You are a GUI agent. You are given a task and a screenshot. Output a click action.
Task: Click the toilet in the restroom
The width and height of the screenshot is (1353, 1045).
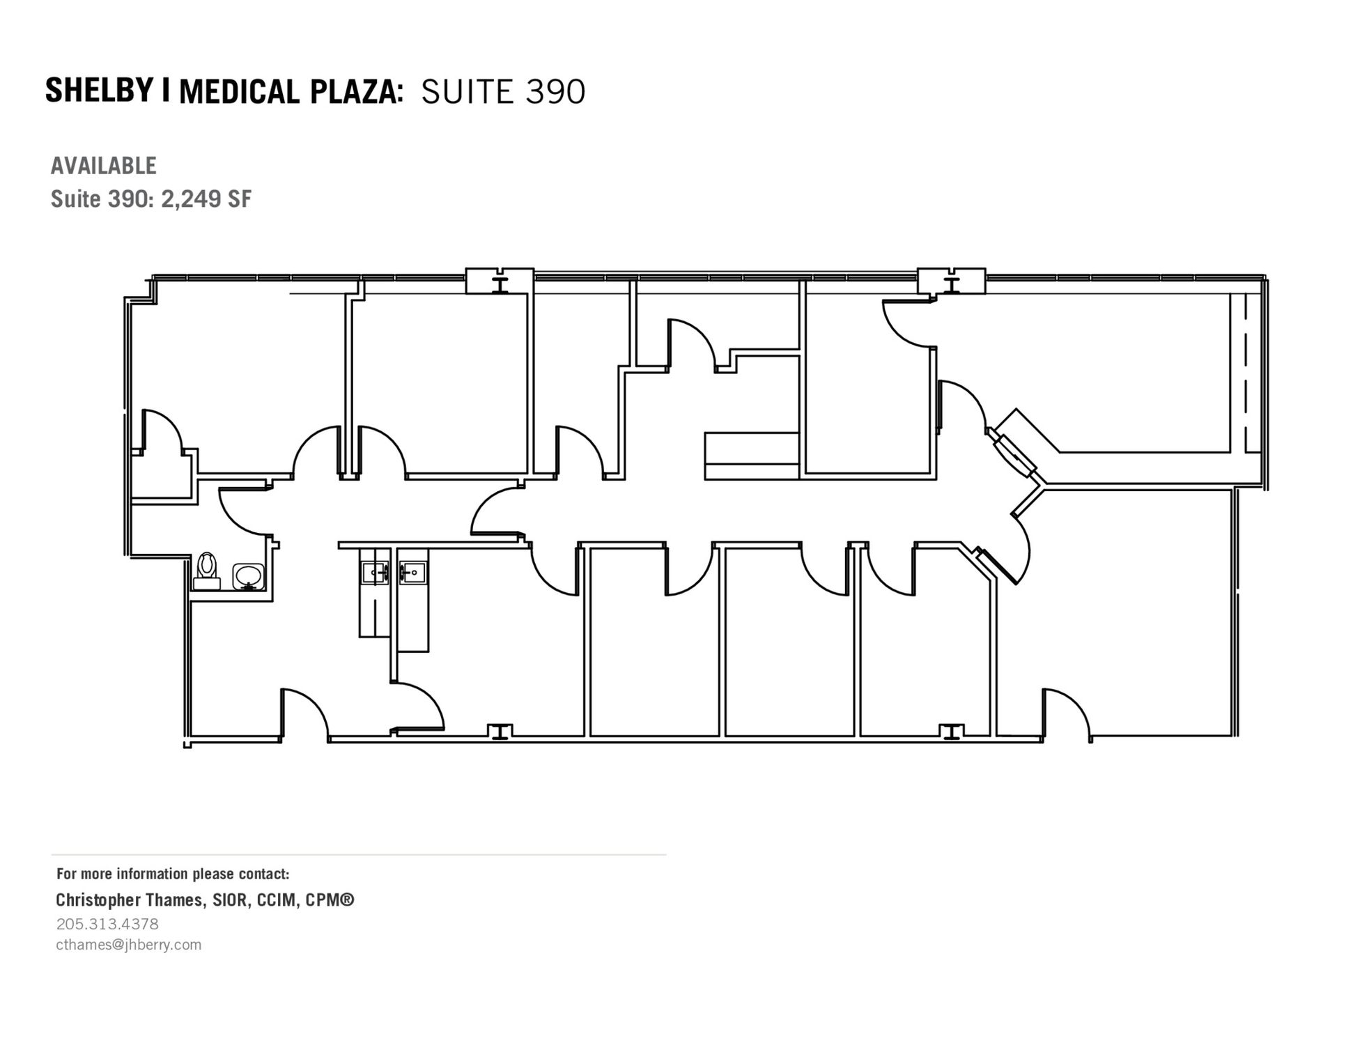coord(207,571)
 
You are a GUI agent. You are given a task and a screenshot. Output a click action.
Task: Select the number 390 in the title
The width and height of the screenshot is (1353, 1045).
coord(555,92)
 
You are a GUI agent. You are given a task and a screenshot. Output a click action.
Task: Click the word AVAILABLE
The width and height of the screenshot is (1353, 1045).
coord(104,166)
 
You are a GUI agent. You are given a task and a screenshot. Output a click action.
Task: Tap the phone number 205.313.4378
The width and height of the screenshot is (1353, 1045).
coord(107,924)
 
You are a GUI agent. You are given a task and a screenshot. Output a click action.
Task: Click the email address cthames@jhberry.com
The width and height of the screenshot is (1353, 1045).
coord(129,945)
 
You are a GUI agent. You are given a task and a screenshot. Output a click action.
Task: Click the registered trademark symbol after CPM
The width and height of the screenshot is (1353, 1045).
coord(348,899)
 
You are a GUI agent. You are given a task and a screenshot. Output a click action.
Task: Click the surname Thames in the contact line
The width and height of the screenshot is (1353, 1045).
coord(176,899)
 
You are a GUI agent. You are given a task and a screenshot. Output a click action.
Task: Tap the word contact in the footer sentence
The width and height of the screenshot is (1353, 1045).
coord(263,874)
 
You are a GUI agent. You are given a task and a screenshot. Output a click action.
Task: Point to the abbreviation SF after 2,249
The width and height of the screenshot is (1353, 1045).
coord(239,199)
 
